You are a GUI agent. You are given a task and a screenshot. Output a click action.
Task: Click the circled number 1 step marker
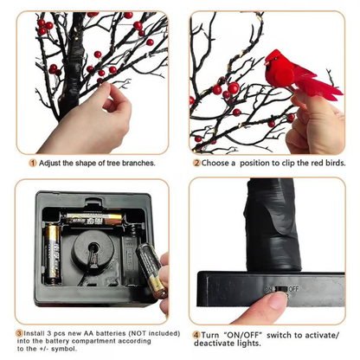(x=32, y=162)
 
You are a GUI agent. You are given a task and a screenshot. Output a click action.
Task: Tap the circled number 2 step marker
(x=196, y=162)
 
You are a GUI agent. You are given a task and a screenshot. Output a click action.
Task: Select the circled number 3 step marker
(x=19, y=332)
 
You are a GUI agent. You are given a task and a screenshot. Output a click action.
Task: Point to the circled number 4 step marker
(x=196, y=333)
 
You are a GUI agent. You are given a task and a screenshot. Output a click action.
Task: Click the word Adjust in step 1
(x=50, y=162)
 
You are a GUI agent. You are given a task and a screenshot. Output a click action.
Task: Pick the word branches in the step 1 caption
(x=138, y=162)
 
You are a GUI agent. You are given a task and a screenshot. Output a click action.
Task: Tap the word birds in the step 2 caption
(x=330, y=162)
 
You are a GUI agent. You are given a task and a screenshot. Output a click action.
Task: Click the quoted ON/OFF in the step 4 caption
(x=242, y=333)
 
